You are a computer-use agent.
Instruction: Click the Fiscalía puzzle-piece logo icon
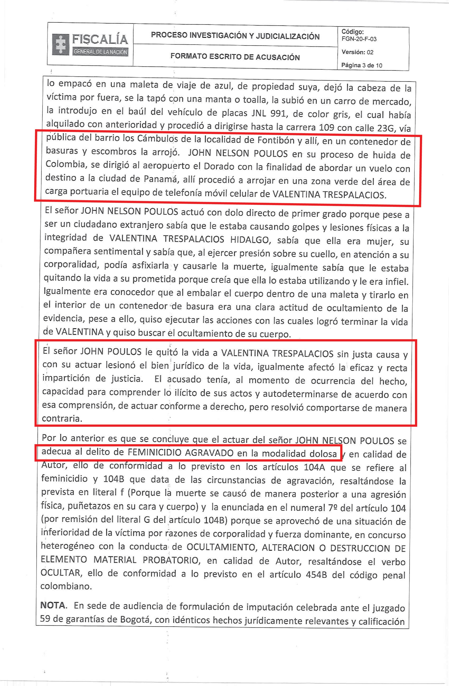[x=61, y=44]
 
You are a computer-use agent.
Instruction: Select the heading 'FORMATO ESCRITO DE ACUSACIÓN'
[x=235, y=56]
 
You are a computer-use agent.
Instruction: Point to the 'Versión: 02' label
[x=357, y=52]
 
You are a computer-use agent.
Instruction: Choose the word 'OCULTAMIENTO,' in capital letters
[x=221, y=547]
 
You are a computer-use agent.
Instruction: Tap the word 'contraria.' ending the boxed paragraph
[x=62, y=418]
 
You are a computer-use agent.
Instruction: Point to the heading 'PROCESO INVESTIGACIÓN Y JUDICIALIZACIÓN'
[x=235, y=36]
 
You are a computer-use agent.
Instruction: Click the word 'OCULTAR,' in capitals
[x=61, y=573]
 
